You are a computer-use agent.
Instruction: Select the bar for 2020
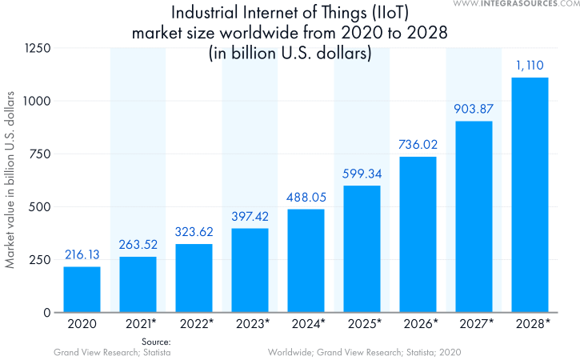coord(82,290)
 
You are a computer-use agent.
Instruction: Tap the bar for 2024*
coord(306,261)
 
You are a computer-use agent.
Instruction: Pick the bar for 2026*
coord(418,234)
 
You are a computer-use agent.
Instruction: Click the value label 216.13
coord(82,255)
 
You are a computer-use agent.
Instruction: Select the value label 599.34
coord(362,174)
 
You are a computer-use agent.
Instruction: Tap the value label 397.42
coord(250,217)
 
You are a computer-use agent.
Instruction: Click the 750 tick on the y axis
coord(39,154)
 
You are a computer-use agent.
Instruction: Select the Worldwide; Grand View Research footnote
coord(365,352)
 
